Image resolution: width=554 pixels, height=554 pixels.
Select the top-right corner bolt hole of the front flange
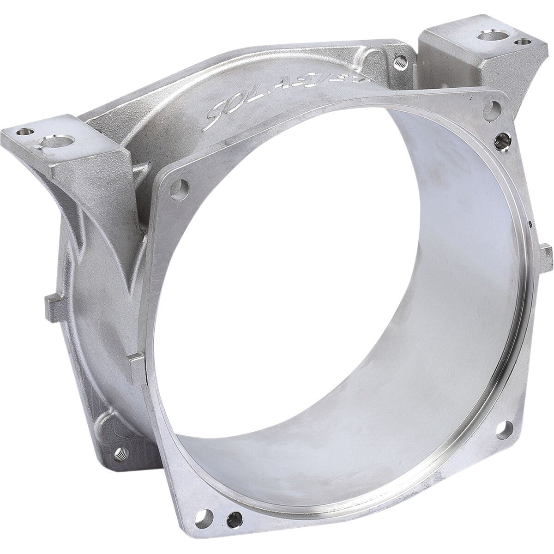pos(493,109)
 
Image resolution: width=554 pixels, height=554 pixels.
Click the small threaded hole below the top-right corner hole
pos(500,137)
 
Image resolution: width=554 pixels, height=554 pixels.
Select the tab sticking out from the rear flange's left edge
pos(51,302)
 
